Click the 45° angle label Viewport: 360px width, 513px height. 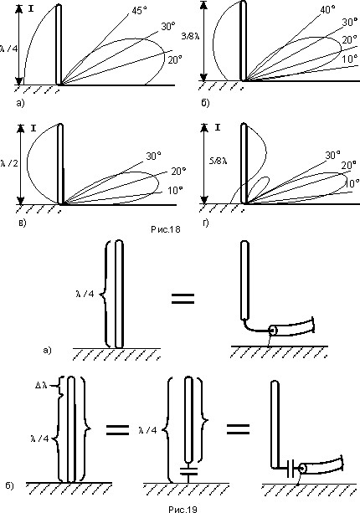139,11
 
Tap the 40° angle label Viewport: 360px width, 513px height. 327,9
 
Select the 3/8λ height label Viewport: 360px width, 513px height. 190,36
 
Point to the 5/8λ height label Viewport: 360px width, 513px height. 219,161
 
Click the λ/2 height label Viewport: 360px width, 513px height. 9,163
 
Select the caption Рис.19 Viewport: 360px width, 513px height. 183,509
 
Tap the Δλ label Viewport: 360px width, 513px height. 41,385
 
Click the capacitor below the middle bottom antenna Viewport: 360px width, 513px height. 188,471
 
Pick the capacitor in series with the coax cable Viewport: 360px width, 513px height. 291,468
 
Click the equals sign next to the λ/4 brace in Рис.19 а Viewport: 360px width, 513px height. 183,299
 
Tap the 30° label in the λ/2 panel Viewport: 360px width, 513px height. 153,156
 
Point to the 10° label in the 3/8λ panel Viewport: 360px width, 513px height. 349,59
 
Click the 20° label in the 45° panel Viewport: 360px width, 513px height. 175,60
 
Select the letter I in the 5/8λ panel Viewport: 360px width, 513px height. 218,127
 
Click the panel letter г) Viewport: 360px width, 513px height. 205,223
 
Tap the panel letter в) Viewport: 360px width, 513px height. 22,223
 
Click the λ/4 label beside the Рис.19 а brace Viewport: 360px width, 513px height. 85,294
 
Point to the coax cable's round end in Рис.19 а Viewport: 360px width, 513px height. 273,331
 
